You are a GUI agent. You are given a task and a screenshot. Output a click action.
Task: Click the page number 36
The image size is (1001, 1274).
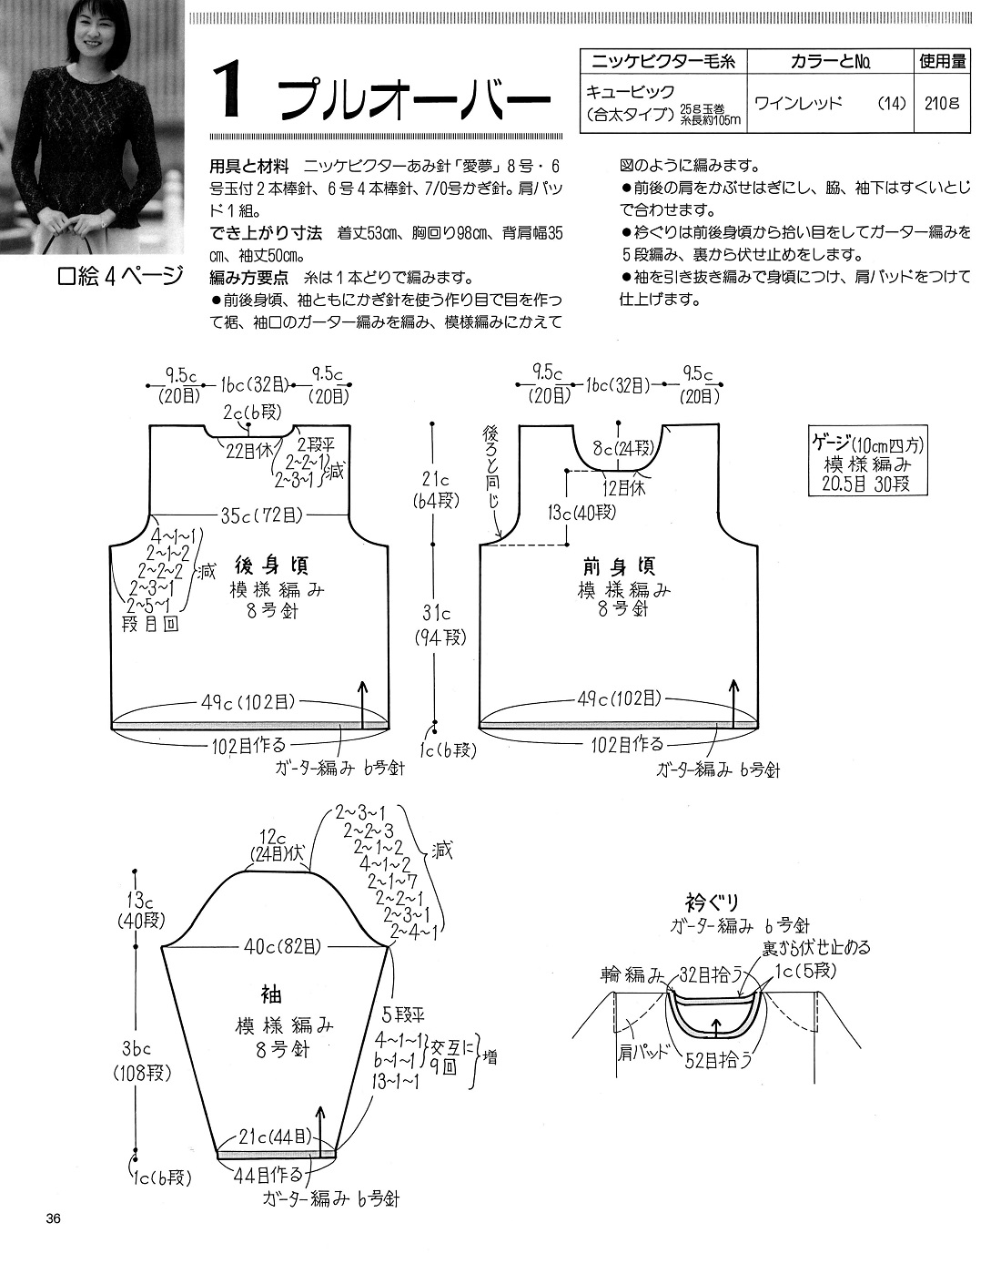(x=54, y=1218)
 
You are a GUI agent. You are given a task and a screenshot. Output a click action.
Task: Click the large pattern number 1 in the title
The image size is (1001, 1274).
(x=228, y=93)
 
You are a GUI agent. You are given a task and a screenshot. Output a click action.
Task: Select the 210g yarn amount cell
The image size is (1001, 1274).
(x=942, y=103)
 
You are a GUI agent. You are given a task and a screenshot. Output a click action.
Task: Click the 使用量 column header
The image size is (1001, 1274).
(x=943, y=61)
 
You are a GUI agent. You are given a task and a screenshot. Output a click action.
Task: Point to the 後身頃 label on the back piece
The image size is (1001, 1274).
(x=271, y=566)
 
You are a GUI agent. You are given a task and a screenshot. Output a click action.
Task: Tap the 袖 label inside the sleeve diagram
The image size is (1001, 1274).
(x=271, y=994)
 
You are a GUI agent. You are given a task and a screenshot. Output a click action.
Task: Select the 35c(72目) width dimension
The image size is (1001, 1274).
(x=261, y=515)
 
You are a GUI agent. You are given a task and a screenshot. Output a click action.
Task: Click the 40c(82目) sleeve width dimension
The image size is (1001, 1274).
(x=283, y=946)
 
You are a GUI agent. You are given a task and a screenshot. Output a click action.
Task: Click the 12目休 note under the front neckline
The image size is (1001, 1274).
(x=624, y=488)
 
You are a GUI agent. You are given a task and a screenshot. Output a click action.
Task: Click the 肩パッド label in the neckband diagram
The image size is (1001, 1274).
(x=642, y=1053)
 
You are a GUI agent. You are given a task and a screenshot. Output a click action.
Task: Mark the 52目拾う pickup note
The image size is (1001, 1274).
(x=718, y=1059)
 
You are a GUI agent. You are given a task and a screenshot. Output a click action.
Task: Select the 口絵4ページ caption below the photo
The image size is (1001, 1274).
(x=120, y=276)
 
